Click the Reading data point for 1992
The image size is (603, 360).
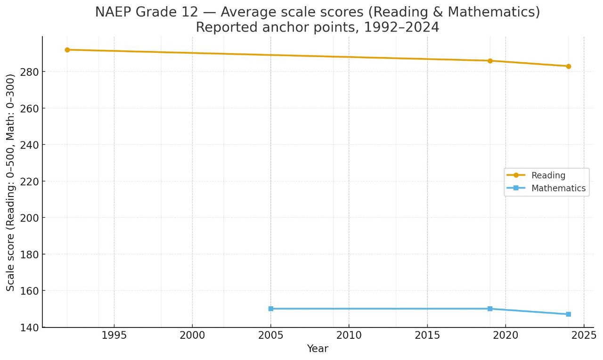tap(67, 49)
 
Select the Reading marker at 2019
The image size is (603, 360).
tap(490, 61)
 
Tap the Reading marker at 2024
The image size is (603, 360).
tap(569, 66)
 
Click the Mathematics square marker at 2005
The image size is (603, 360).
tap(271, 309)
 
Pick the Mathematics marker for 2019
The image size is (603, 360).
tap(490, 309)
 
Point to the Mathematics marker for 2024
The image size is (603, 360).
tap(569, 314)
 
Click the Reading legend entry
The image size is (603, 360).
tap(548, 175)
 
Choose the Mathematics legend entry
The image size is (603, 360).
tap(558, 188)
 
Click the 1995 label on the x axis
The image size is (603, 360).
tap(114, 336)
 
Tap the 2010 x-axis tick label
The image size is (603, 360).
tap(349, 336)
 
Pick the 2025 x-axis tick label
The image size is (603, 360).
tap(584, 336)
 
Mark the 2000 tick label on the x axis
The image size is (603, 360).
tap(192, 336)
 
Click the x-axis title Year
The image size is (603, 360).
tap(318, 349)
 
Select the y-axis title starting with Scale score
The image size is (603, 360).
tap(11, 182)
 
